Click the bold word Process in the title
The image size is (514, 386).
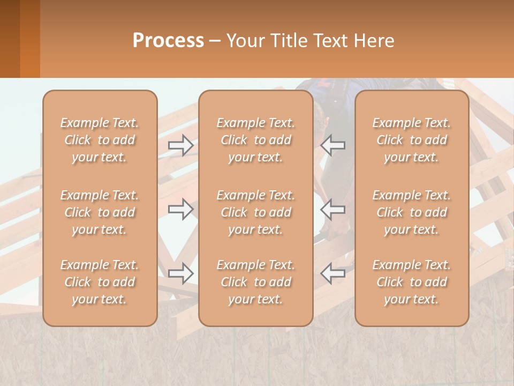168,41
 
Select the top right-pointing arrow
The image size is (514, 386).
180,145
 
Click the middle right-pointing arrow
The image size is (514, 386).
180,209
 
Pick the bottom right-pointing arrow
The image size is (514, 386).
180,273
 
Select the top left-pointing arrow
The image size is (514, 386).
333,145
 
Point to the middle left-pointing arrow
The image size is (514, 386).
333,209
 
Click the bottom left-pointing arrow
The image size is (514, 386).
333,273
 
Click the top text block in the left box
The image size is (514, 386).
100,140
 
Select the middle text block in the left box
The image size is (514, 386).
100,212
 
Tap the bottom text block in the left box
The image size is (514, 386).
100,282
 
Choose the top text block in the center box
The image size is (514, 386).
256,140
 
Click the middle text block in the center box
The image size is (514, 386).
256,212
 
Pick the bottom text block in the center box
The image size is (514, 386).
256,282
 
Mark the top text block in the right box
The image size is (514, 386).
412,140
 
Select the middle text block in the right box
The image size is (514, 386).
412,212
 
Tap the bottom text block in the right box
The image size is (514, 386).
412,282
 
